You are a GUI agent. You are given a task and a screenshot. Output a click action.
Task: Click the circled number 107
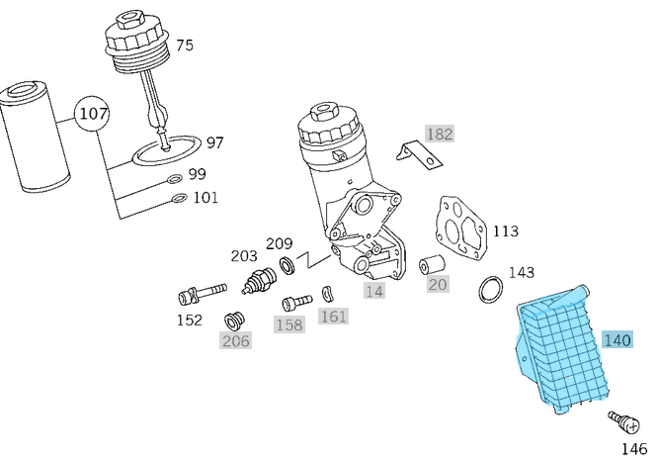point(93,114)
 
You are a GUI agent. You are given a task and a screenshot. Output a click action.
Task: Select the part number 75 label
point(185,46)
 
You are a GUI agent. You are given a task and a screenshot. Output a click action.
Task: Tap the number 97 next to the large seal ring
point(214,142)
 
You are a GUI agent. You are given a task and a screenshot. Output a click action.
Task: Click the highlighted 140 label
point(616,340)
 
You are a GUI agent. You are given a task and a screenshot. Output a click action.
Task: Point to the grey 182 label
point(440,134)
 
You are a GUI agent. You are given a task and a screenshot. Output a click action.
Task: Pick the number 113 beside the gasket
point(505,231)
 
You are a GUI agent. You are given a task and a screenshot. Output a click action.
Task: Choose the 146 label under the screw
point(632,448)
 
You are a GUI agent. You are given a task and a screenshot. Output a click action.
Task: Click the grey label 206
point(235,341)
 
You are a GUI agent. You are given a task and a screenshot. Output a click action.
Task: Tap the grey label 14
point(373,291)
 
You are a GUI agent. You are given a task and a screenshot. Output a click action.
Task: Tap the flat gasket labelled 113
point(461,229)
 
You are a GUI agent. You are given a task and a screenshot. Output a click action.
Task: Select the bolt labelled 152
point(199,293)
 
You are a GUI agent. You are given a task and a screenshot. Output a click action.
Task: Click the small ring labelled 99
point(174,179)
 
